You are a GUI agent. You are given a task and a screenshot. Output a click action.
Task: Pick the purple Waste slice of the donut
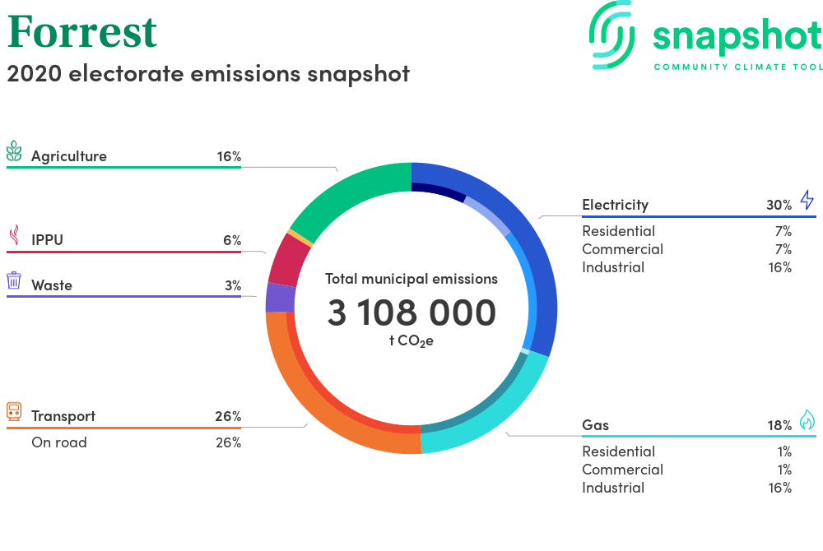pos(281,298)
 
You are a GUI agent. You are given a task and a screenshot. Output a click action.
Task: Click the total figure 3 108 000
pos(411,313)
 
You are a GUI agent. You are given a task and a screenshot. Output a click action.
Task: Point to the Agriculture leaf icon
pos(14,151)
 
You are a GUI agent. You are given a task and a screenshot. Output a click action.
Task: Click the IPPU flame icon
pos(14,235)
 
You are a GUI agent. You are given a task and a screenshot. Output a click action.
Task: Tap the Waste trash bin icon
pos(14,280)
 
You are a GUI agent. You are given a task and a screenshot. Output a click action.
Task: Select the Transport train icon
pos(14,411)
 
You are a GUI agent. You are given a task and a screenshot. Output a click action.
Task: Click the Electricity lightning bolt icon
pos(807,200)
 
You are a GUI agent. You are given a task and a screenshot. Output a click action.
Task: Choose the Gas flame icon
pos(807,419)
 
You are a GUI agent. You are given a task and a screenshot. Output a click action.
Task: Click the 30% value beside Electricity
pos(779,205)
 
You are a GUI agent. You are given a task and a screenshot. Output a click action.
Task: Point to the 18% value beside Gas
pos(779,425)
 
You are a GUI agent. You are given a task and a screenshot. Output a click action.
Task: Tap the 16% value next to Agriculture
pos(229,156)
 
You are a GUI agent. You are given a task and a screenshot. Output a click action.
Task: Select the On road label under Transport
pos(59,442)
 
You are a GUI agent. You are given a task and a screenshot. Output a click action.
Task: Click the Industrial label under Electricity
pos(613,267)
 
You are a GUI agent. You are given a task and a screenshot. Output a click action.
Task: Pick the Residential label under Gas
pos(618,451)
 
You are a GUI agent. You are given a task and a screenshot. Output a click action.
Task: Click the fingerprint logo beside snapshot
pos(612,35)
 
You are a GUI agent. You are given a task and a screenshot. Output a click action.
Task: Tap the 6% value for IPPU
pos(232,240)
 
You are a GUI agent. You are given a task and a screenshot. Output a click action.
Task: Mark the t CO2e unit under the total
pos(411,341)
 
